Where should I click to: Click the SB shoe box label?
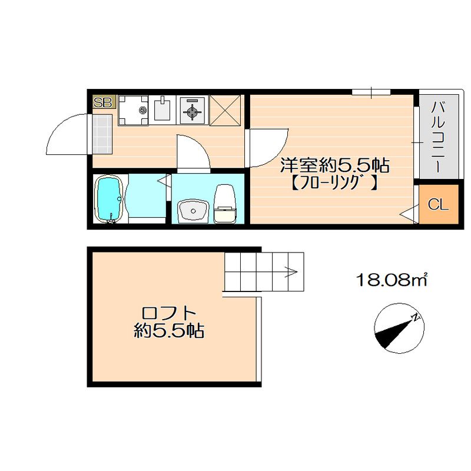pyautogui.click(x=103, y=102)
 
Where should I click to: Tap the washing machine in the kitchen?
pyautogui.click(x=134, y=110)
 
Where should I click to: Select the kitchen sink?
pyautogui.click(x=162, y=110)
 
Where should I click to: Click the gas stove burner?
pyautogui.click(x=193, y=110)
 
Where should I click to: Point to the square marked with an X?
pyautogui.click(x=224, y=110)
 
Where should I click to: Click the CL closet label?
pyautogui.click(x=438, y=205)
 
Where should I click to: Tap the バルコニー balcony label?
pyautogui.click(x=437, y=137)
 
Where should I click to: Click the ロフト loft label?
pyautogui.click(x=168, y=313)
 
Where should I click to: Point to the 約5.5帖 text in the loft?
pyautogui.click(x=168, y=331)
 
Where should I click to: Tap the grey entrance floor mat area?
pyautogui.click(x=101, y=134)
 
